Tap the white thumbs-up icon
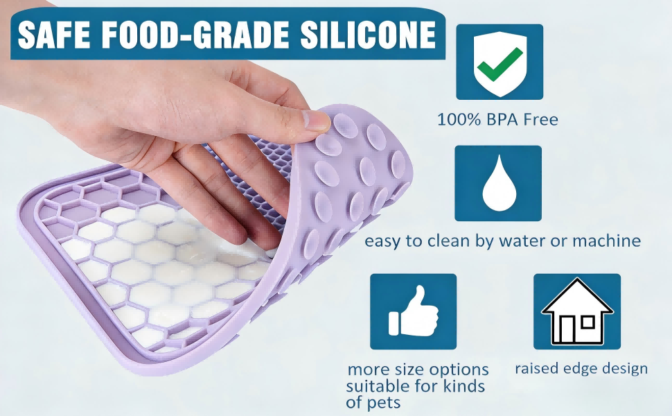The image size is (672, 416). coord(414,312)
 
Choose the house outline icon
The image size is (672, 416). coord(576,312)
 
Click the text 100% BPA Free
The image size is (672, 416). coord(497,120)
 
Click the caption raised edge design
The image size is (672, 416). coord(581,368)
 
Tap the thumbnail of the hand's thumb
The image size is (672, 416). coord(319,121)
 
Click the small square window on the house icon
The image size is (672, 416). coord(587,322)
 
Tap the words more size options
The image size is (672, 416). coord(418,370)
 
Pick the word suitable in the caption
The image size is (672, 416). coord(379,386)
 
